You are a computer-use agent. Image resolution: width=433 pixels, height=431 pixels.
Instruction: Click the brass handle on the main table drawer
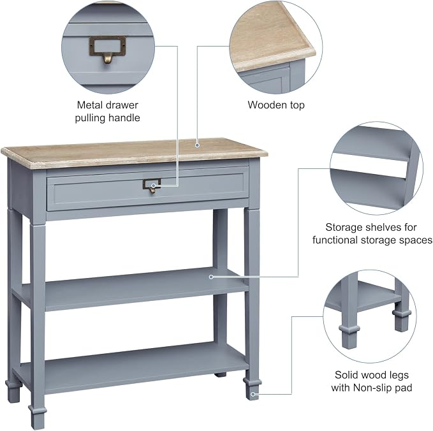point(152,186)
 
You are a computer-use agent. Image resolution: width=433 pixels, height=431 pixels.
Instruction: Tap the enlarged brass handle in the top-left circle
point(107,50)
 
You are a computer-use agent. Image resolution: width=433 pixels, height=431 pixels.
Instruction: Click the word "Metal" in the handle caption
point(89,105)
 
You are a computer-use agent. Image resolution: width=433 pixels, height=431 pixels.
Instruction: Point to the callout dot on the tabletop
point(197,145)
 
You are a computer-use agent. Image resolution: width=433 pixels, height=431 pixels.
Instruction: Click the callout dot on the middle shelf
point(211,277)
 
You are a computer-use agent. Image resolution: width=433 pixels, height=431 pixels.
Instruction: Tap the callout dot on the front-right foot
point(253,394)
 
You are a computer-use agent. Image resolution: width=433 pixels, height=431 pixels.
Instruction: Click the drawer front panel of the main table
point(149,191)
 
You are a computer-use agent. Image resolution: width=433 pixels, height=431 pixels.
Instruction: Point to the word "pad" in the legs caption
point(404,388)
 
